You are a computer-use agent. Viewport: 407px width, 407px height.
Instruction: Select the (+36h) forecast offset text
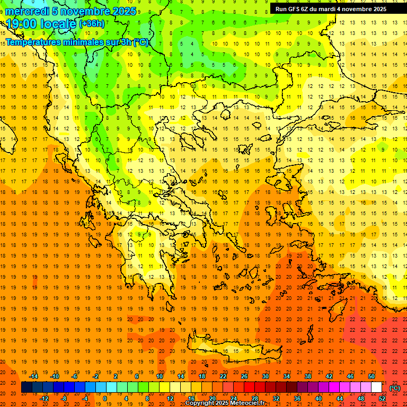coord(92,24)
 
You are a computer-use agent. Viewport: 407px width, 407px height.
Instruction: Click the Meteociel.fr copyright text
coord(225,403)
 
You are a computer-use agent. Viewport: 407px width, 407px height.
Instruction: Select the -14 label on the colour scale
coord(33,376)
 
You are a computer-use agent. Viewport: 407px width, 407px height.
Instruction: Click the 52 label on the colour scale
coord(382,398)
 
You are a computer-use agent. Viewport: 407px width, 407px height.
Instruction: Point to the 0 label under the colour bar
coord(105,398)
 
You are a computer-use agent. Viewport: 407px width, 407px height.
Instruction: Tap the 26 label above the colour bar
coord(244,376)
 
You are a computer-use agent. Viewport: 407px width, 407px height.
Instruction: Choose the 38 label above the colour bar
coord(308,376)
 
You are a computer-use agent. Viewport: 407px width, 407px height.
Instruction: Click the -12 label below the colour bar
coord(44,398)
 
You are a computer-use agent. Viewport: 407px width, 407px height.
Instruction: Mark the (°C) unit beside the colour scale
coord(395,387)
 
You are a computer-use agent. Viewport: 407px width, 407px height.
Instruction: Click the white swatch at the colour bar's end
coord(377,387)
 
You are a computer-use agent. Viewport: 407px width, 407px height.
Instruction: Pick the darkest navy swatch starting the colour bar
coord(26,387)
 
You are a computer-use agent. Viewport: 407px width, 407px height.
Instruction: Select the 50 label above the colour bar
coord(371,376)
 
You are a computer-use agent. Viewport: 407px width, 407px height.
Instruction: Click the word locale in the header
coord(58,24)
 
